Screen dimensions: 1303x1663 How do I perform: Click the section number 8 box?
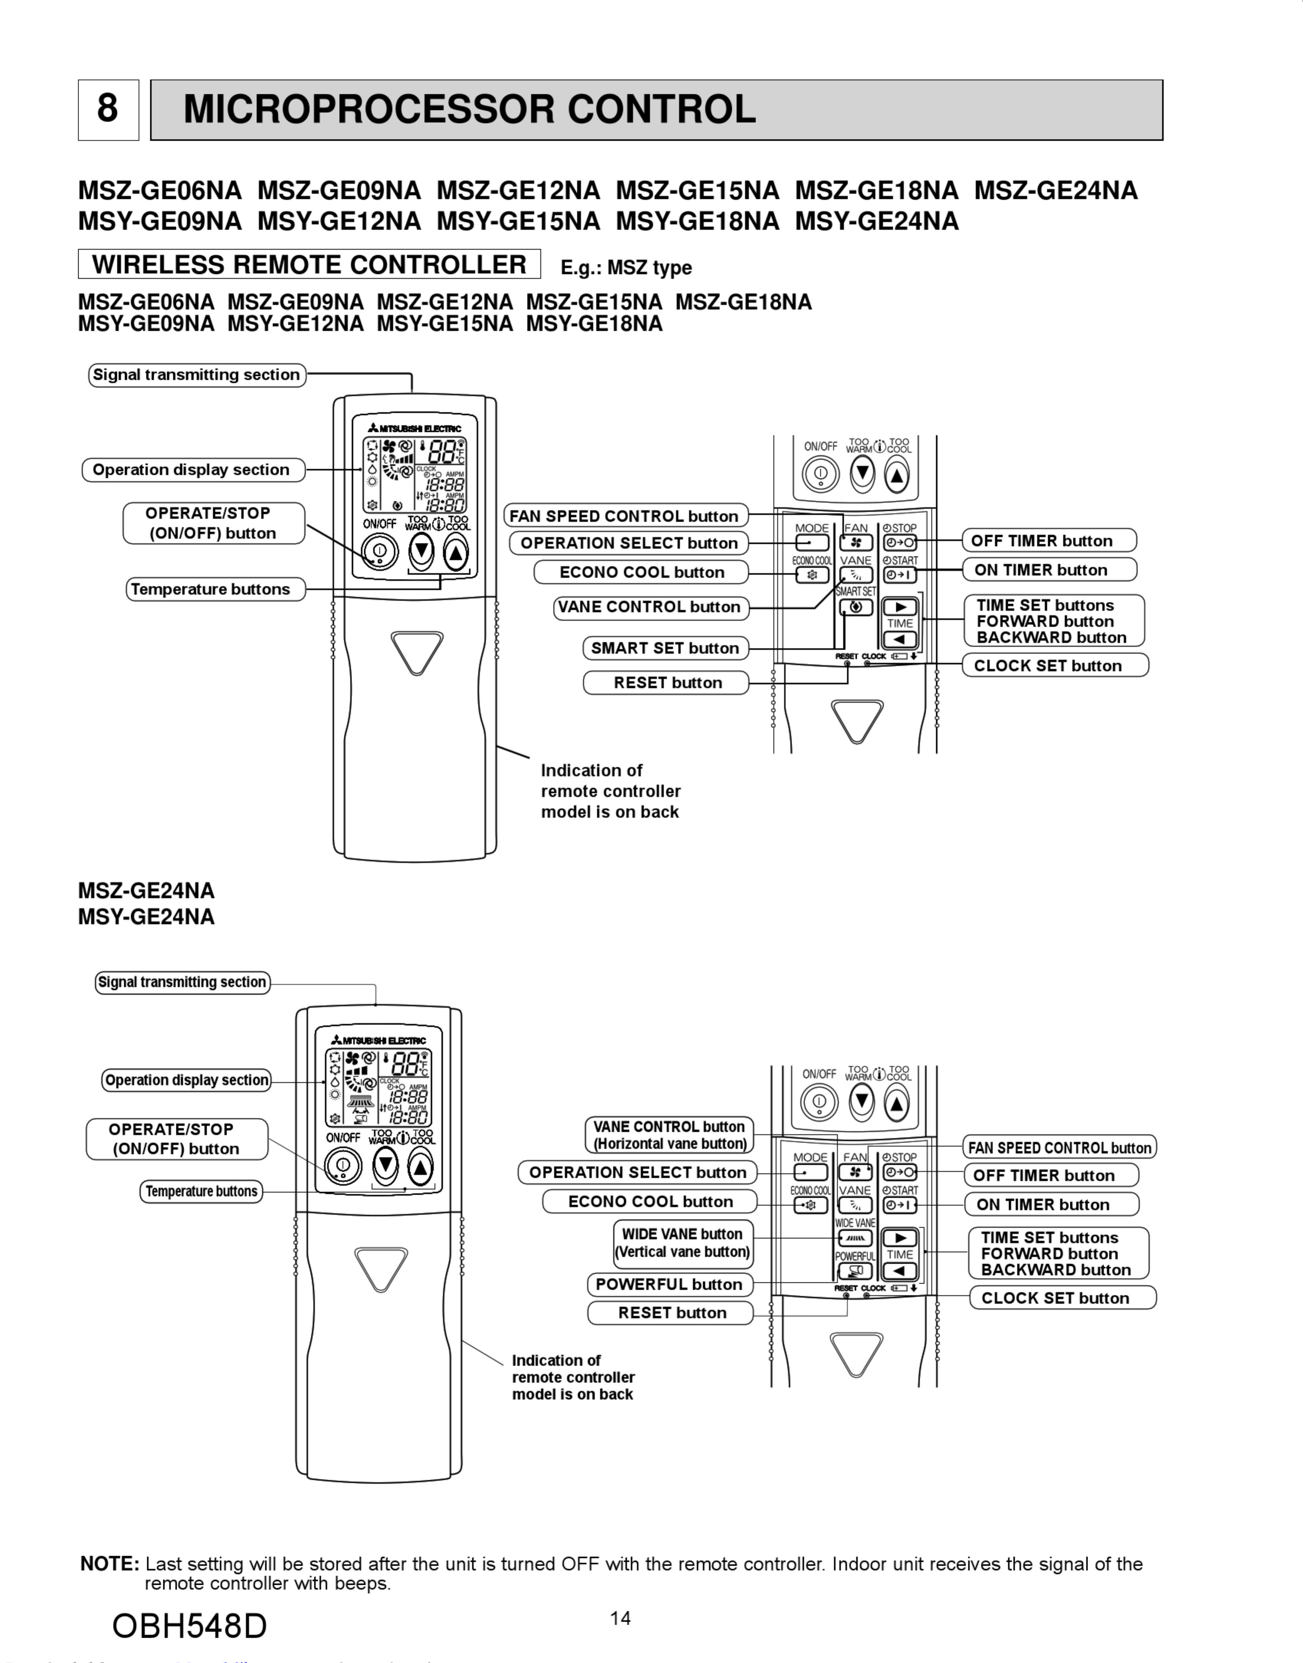coord(108,110)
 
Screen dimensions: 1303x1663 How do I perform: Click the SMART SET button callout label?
coord(665,648)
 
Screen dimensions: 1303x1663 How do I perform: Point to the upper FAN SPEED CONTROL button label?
coord(624,517)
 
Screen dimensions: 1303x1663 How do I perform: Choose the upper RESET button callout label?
coord(668,683)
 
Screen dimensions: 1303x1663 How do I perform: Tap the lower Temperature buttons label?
coord(202,1192)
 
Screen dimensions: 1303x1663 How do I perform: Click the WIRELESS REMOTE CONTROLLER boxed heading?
coord(309,265)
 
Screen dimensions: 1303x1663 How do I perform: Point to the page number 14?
coord(620,1618)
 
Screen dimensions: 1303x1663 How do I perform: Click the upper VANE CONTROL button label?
coord(649,607)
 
